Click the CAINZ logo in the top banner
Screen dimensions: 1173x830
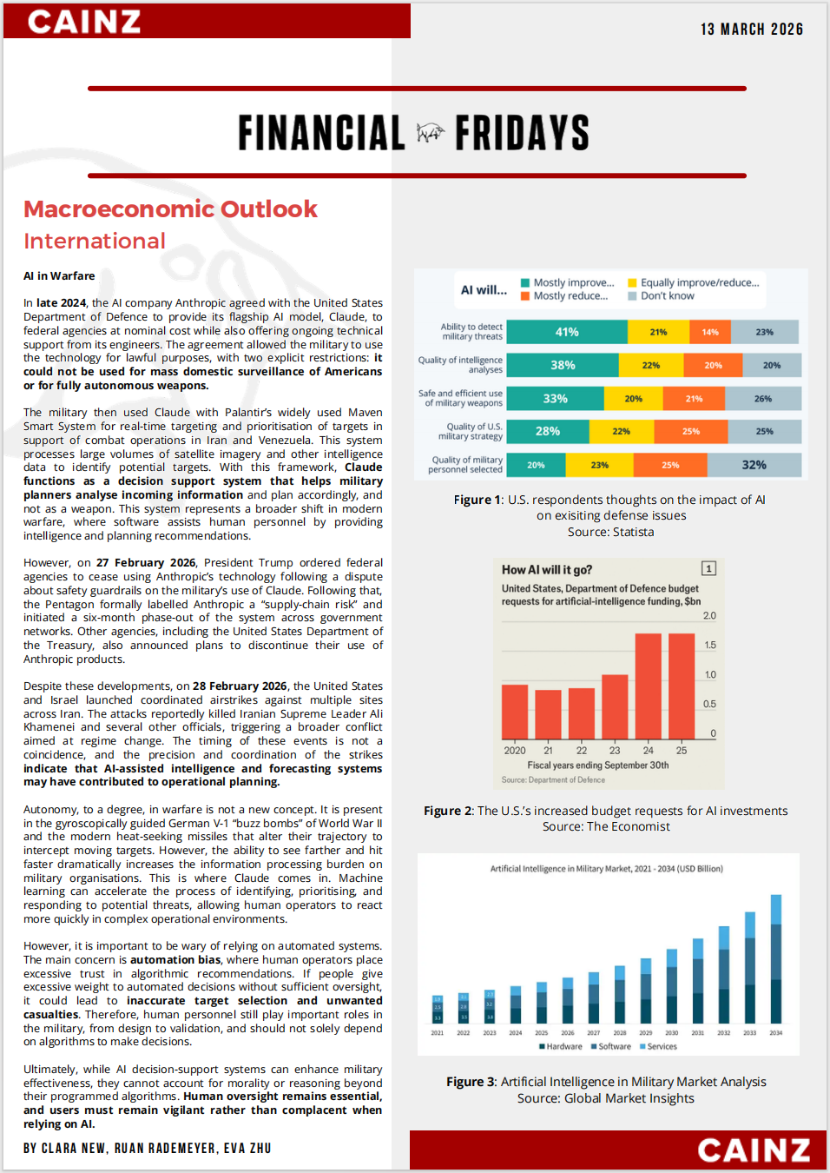(84, 22)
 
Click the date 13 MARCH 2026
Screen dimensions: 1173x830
(752, 30)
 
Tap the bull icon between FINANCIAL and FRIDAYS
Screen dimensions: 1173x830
(430, 133)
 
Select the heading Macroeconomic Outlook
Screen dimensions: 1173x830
(170, 209)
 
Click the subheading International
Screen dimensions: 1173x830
(95, 242)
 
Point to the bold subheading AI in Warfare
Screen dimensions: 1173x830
(59, 276)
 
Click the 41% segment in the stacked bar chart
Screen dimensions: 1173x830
(567, 332)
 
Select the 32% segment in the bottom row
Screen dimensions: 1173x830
(754, 465)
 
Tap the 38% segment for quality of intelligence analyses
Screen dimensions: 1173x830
(563, 365)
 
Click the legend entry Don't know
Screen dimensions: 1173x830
(667, 296)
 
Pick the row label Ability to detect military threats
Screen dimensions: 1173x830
(471, 332)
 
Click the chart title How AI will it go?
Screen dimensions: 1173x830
(547, 570)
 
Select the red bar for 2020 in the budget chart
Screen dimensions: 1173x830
(515, 712)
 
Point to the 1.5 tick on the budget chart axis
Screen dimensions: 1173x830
(710, 646)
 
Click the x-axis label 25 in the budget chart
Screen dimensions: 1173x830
(682, 751)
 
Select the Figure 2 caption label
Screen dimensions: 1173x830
(448, 812)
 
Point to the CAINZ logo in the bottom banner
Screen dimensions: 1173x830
(754, 1150)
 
